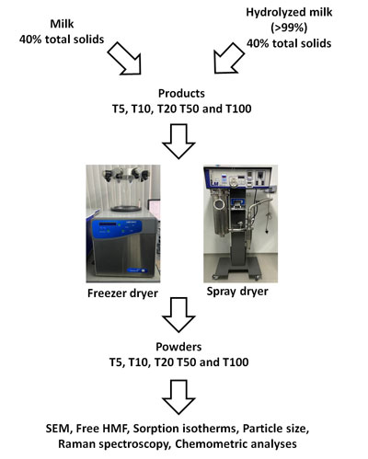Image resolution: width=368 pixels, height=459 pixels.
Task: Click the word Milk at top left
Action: (x=62, y=24)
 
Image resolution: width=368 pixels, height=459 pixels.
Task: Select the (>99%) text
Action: (x=289, y=28)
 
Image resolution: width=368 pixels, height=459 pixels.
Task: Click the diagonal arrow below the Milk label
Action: (x=125, y=58)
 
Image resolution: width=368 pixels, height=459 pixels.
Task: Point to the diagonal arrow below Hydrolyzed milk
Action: (x=229, y=58)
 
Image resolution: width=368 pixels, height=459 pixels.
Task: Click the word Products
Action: (x=181, y=93)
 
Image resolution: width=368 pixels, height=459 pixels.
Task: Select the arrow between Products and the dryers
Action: (x=178, y=141)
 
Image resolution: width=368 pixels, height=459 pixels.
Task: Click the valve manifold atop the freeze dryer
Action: (x=126, y=175)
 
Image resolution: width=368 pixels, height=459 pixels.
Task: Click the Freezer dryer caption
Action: (x=122, y=293)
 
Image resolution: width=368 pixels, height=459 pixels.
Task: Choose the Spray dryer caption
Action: (x=237, y=292)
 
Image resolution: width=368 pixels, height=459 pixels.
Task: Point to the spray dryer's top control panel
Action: (x=237, y=177)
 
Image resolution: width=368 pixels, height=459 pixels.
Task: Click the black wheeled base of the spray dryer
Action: (x=238, y=268)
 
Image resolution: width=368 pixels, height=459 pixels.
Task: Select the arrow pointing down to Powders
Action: (x=178, y=315)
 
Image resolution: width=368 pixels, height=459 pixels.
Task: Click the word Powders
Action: (x=178, y=347)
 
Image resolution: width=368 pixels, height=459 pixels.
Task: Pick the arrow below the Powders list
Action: (x=178, y=397)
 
